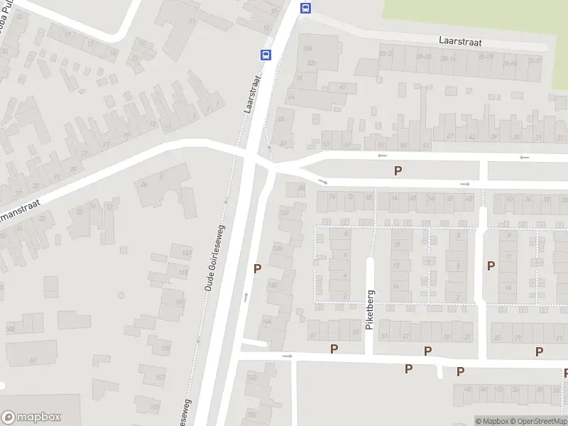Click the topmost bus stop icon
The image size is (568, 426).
pos(305,8)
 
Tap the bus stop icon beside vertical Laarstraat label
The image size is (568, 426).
pos(266,55)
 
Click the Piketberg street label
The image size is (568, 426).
pos(370,310)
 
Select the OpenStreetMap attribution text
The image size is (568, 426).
pos(537,421)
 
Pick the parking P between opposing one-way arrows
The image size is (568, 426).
pos(398,170)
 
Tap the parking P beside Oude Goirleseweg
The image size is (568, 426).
pos(257,268)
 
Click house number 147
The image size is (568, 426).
pos(187,253)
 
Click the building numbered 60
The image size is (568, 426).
pos(32,360)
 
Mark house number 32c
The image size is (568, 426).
pos(310,62)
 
